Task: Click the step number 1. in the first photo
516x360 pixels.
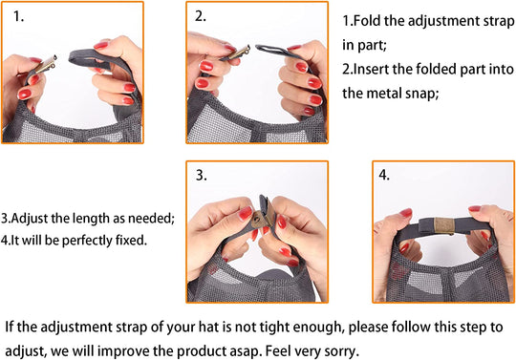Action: pos(19,17)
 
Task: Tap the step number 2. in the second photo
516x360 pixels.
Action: pos(201,16)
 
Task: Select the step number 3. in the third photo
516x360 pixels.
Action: pos(201,175)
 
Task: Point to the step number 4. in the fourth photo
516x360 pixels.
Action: pos(384,175)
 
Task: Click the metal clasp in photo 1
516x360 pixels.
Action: pos(46,64)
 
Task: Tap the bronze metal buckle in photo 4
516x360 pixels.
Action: pos(444,225)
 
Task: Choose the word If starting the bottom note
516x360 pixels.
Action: pos(10,328)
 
